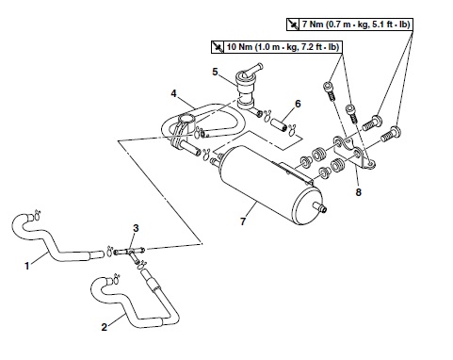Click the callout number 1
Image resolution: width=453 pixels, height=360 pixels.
27,266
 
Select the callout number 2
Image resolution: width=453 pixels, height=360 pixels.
105,327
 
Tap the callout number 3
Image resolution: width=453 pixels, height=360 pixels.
136,228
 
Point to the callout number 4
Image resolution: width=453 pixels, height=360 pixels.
173,93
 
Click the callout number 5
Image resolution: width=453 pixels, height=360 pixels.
215,72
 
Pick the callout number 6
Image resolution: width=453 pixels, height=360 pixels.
298,104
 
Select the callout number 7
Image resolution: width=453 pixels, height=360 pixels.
243,221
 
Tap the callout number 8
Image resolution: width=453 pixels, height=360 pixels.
358,192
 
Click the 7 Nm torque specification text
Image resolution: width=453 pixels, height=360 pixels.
356,25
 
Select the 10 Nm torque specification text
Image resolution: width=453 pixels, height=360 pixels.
283,47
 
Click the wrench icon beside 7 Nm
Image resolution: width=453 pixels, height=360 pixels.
293,25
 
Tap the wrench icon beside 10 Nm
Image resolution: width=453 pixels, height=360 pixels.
218,47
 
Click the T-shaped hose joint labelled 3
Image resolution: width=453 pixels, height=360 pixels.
130,252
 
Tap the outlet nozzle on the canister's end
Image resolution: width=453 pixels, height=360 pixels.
321,207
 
